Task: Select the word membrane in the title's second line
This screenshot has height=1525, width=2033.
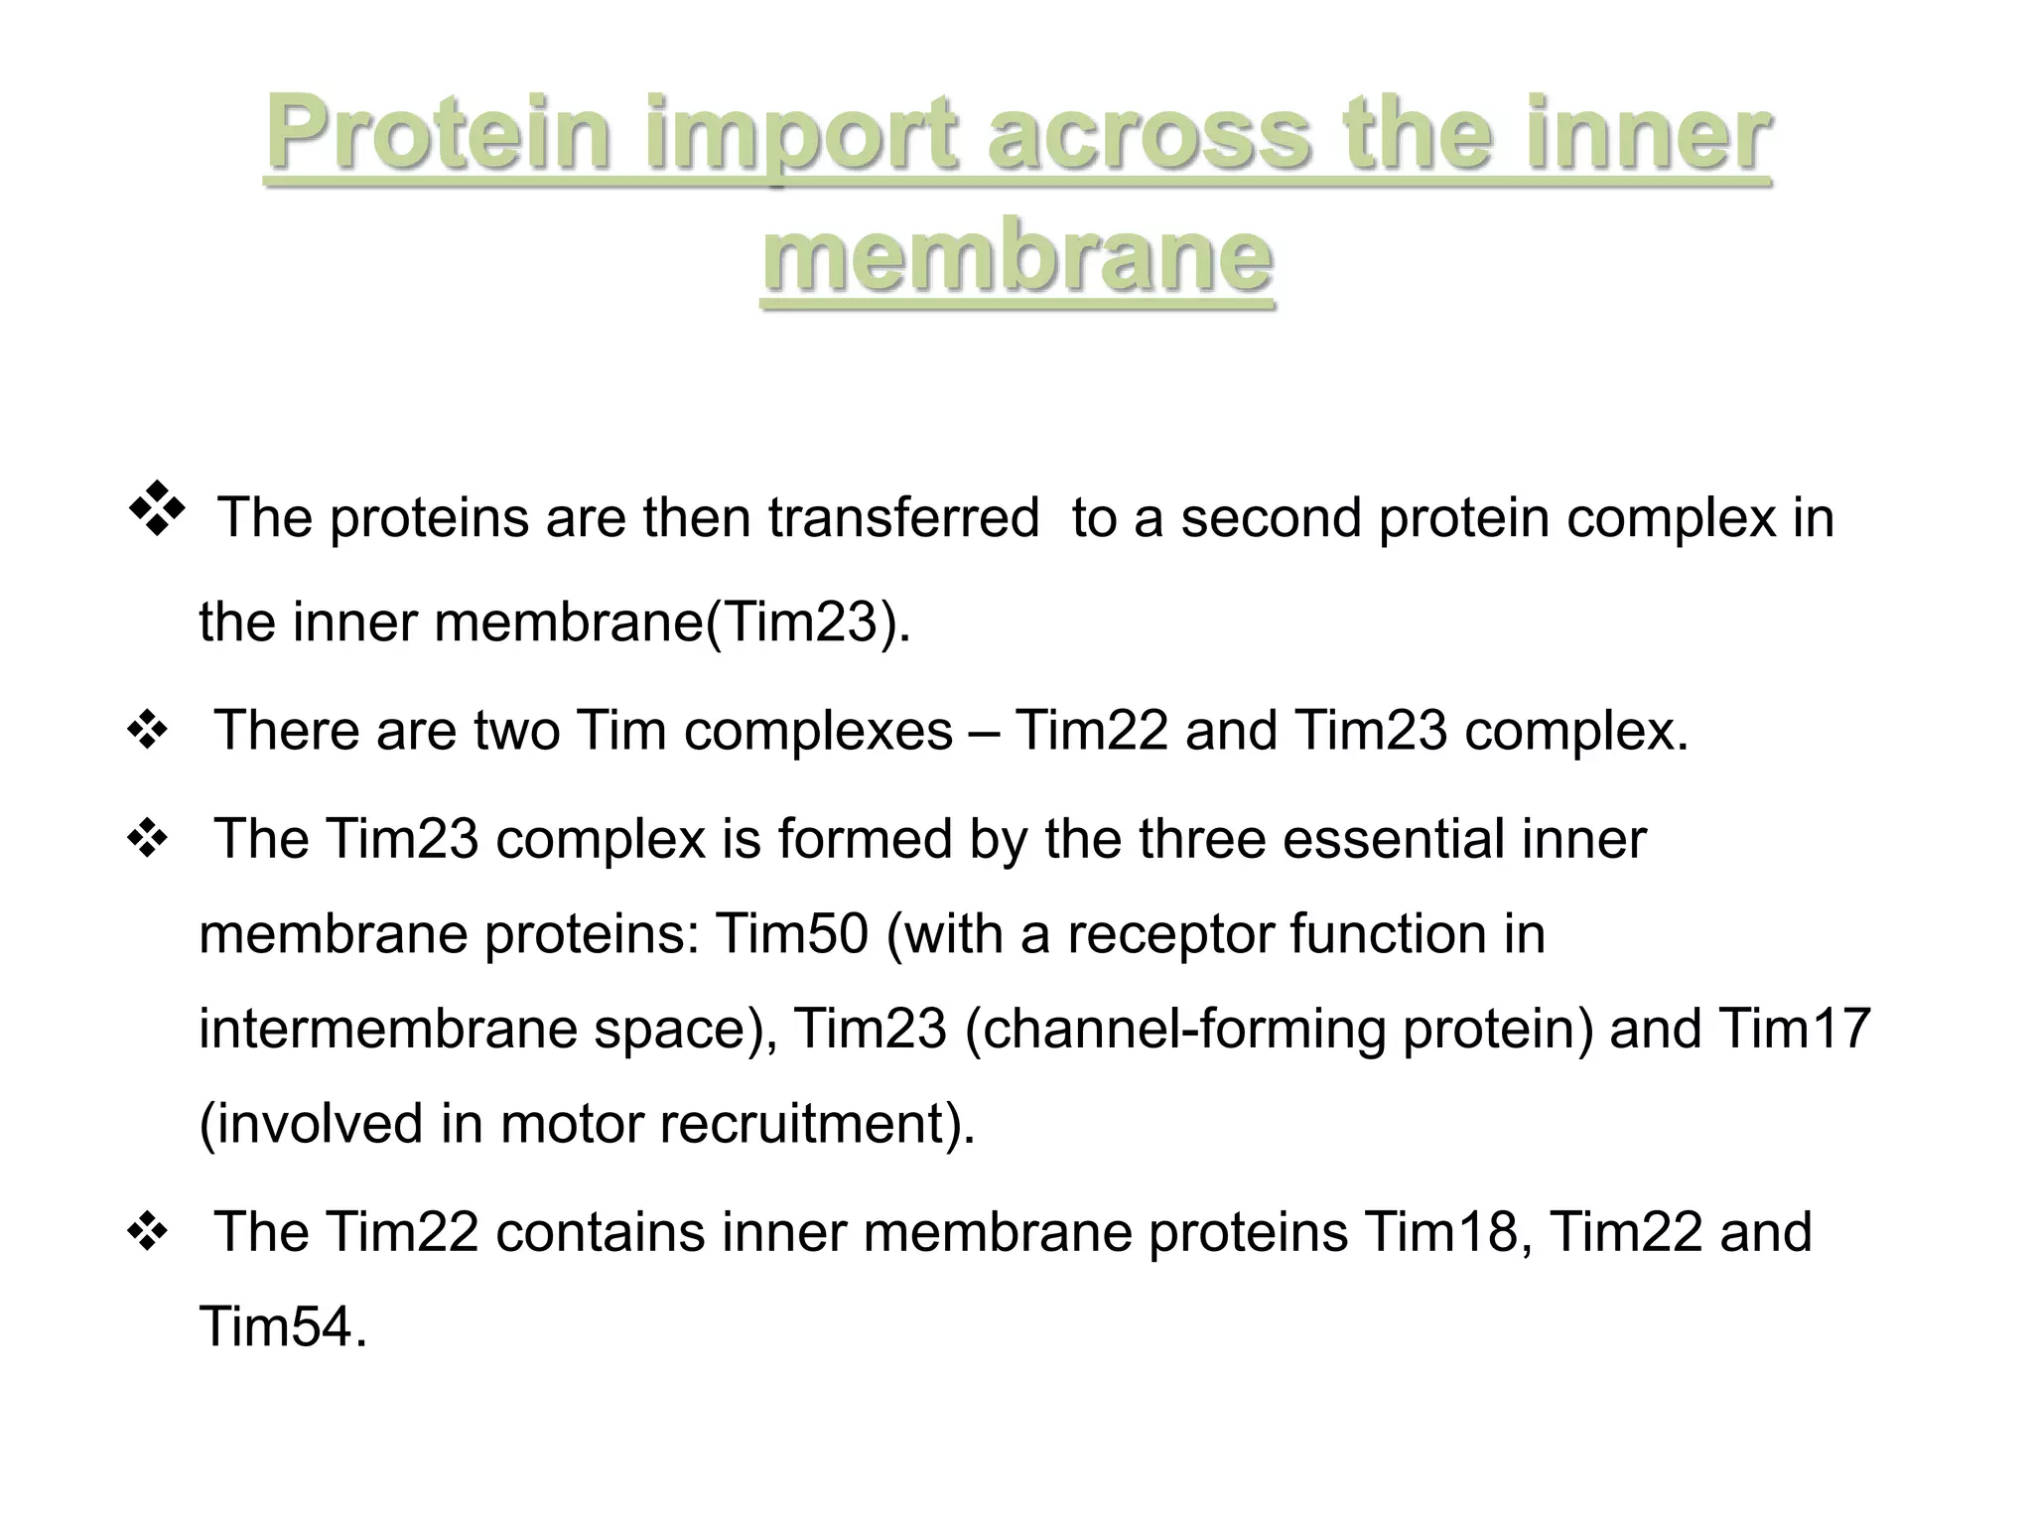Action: point(1017,256)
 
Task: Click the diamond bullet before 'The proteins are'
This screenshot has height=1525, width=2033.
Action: point(157,508)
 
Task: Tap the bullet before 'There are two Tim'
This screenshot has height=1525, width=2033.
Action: point(147,733)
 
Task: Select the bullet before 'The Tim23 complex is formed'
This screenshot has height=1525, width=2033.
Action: point(147,841)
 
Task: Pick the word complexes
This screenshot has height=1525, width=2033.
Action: point(818,731)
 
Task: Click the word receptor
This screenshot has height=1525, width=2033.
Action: point(1170,934)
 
